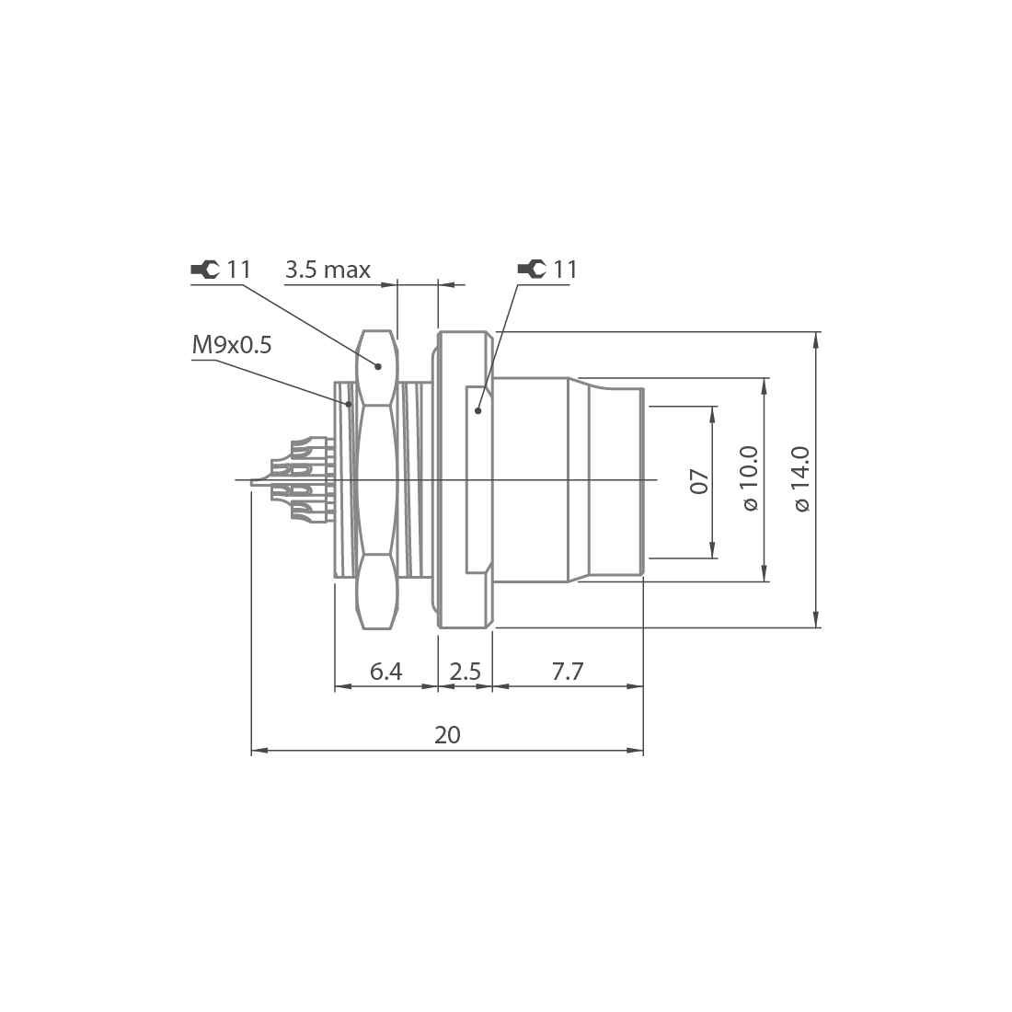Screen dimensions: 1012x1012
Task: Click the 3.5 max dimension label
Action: tap(328, 270)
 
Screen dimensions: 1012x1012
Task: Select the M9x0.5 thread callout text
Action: tap(232, 345)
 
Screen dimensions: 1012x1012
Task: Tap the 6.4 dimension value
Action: tap(385, 672)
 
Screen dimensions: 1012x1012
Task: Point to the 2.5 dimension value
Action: tap(465, 672)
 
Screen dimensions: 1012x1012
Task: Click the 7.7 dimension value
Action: tap(568, 672)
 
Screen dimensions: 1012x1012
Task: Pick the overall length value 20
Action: tap(447, 735)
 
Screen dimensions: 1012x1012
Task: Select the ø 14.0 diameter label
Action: tap(800, 479)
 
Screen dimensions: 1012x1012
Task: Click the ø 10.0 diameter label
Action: tap(749, 479)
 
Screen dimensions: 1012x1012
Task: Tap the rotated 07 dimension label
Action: tap(699, 481)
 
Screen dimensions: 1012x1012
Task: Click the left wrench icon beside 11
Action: tap(204, 270)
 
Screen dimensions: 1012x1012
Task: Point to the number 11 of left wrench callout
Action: tap(238, 270)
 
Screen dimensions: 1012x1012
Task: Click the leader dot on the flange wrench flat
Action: tap(478, 411)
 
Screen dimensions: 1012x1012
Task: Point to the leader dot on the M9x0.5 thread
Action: tap(348, 403)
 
